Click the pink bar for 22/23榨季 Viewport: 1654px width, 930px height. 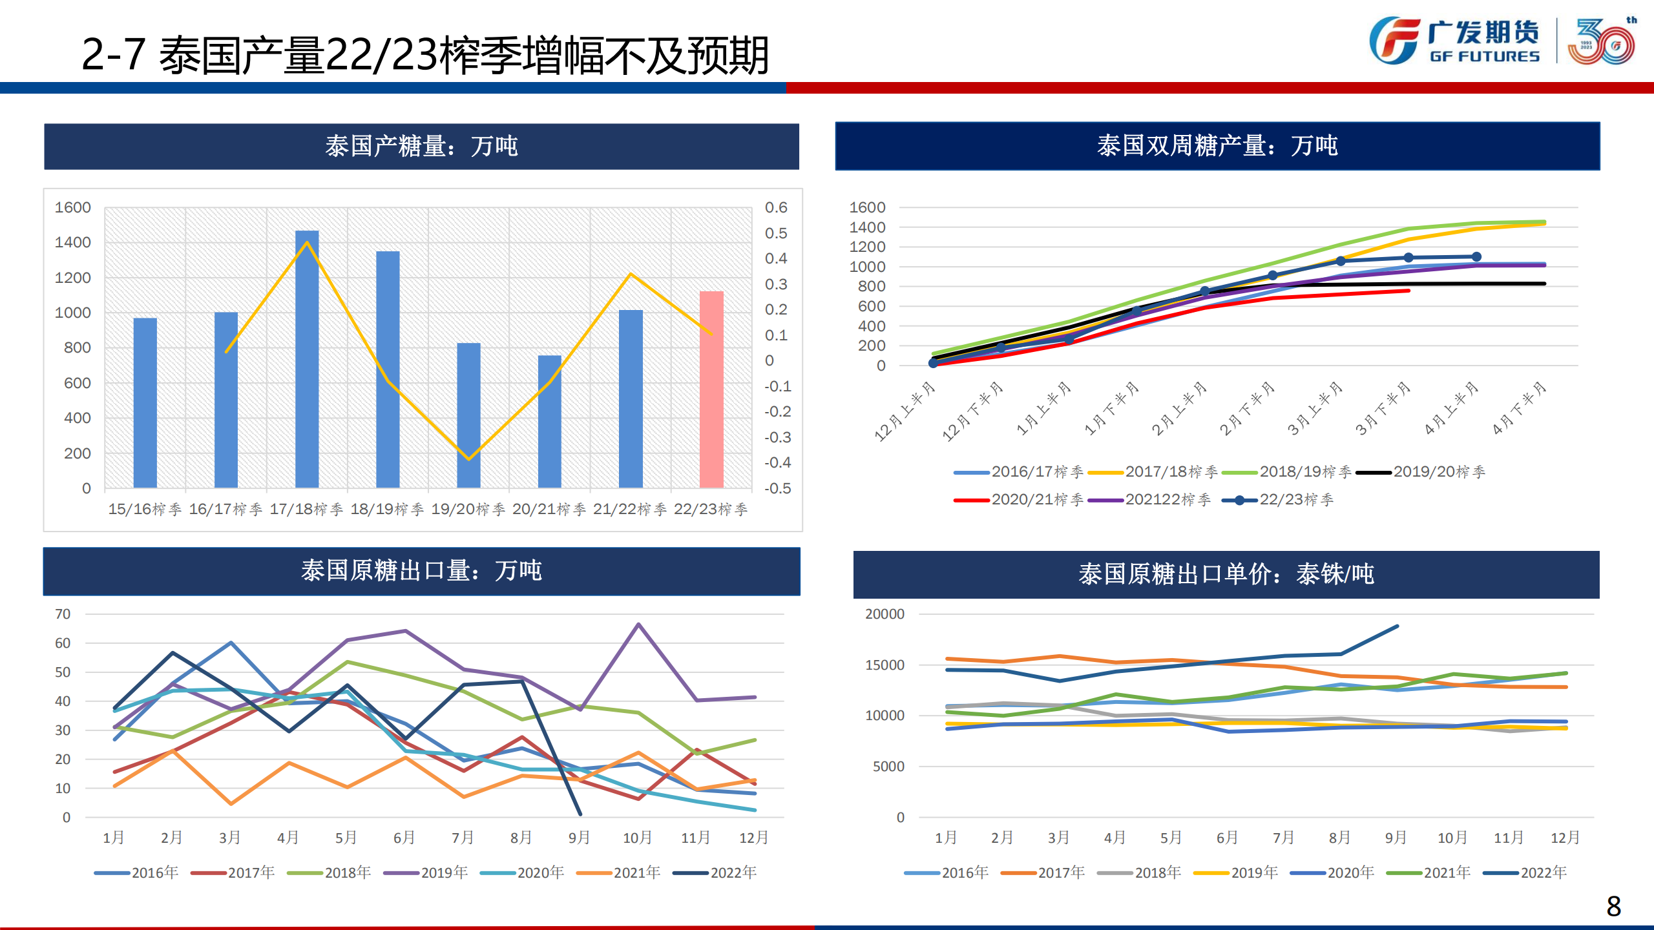[x=711, y=389]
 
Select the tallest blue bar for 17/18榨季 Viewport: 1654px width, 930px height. [x=307, y=359]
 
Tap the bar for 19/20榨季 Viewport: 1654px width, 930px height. [x=468, y=415]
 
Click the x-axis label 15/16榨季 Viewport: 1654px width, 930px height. [x=145, y=510]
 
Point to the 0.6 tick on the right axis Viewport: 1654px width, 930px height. [x=776, y=208]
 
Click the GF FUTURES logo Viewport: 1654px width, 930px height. [x=1454, y=41]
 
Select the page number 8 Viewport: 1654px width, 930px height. [x=1613, y=906]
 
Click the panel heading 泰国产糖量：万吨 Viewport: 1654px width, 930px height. [x=421, y=147]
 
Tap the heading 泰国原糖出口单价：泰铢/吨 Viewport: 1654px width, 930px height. [x=1226, y=574]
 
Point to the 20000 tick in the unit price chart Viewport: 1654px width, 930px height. [x=885, y=614]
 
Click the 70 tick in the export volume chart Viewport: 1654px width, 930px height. [x=63, y=614]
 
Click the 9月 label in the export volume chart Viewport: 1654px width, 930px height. [x=579, y=838]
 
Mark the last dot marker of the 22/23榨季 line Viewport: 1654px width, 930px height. [x=1476, y=257]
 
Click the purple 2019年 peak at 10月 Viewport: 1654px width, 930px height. [x=638, y=625]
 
